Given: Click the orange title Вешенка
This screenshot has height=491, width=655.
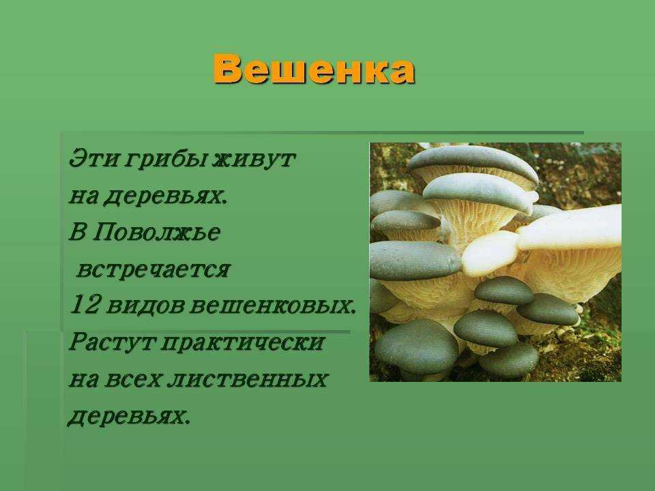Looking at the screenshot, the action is [314, 70].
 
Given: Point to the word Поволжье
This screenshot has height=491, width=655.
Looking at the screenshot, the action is [156, 232].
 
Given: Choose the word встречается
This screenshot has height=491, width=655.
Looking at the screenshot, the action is [154, 270].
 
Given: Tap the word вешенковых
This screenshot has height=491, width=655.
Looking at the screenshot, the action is [273, 306].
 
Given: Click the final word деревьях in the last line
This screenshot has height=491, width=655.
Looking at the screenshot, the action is [129, 416].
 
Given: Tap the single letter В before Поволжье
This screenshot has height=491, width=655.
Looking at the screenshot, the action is [78, 232].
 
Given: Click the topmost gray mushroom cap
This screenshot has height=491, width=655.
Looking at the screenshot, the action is [472, 162].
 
